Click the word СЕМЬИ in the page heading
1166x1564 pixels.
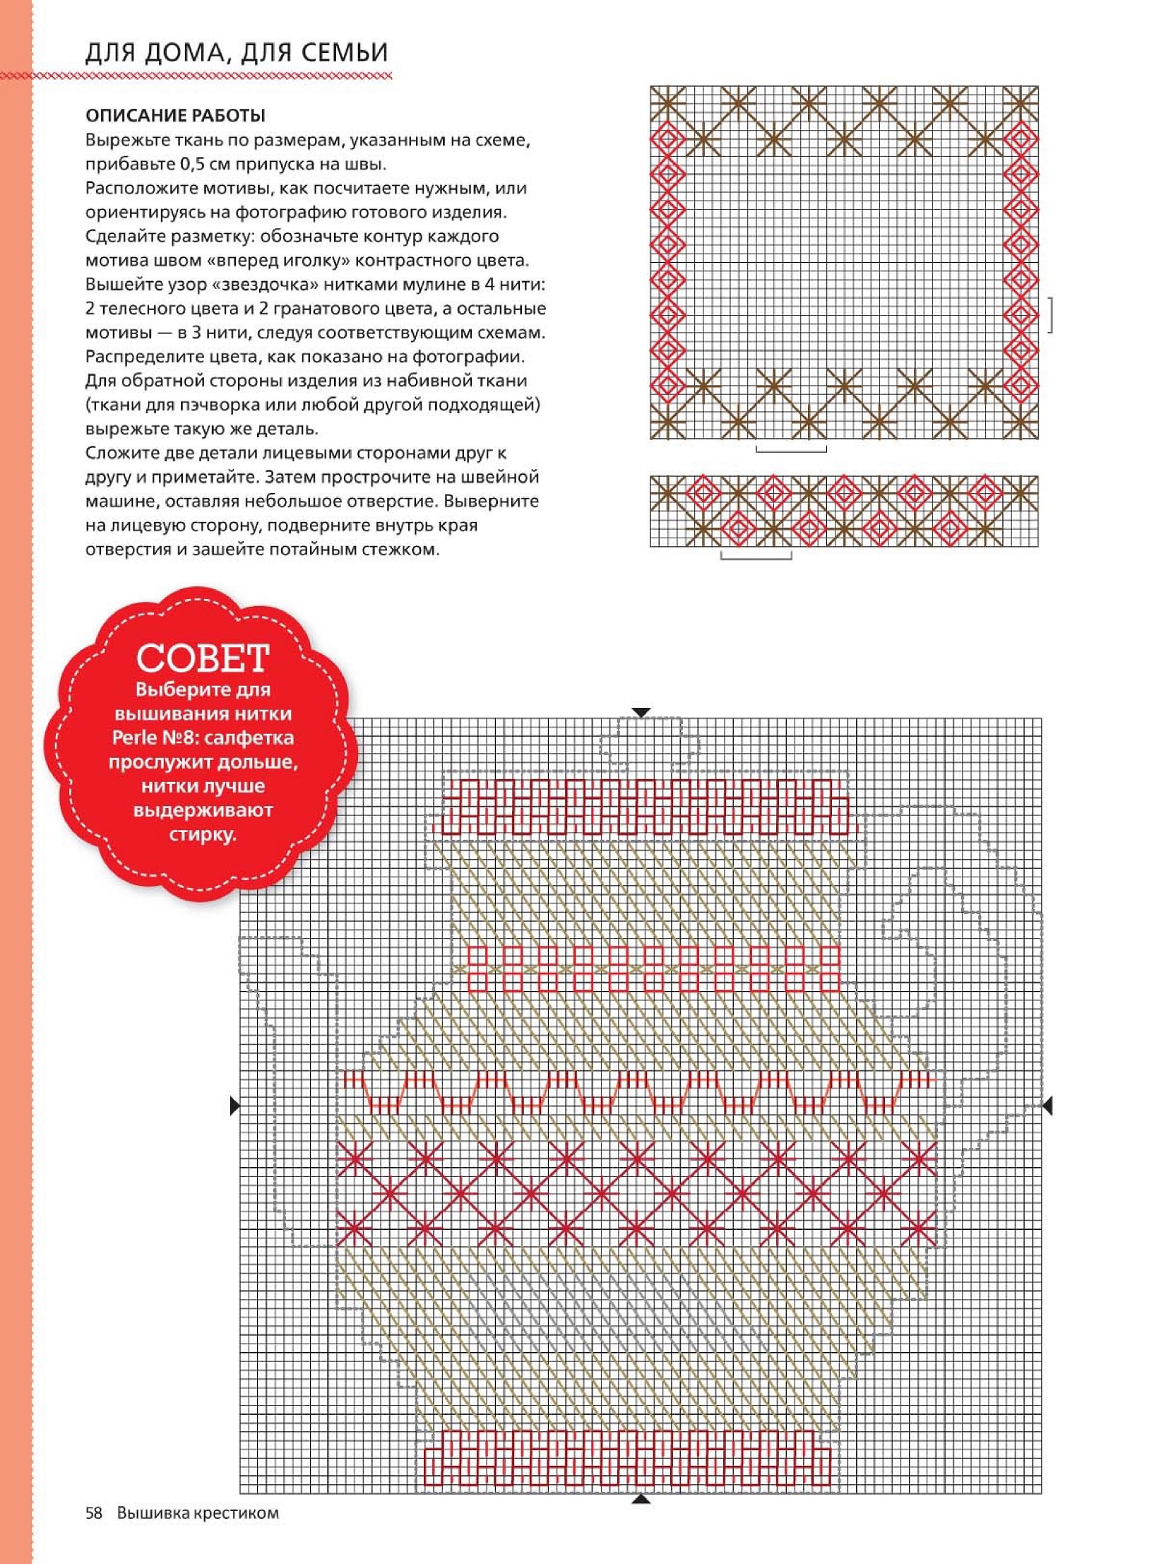(x=346, y=53)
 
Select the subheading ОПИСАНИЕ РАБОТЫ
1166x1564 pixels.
(x=175, y=115)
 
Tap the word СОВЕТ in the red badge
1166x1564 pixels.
(x=203, y=658)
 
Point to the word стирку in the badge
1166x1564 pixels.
(x=203, y=834)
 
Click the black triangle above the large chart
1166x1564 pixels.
(x=641, y=712)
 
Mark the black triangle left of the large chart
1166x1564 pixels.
(x=235, y=1106)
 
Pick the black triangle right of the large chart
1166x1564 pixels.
(x=1047, y=1106)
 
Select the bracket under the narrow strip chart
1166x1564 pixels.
(x=756, y=556)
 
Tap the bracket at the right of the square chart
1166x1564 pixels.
(x=1051, y=314)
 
